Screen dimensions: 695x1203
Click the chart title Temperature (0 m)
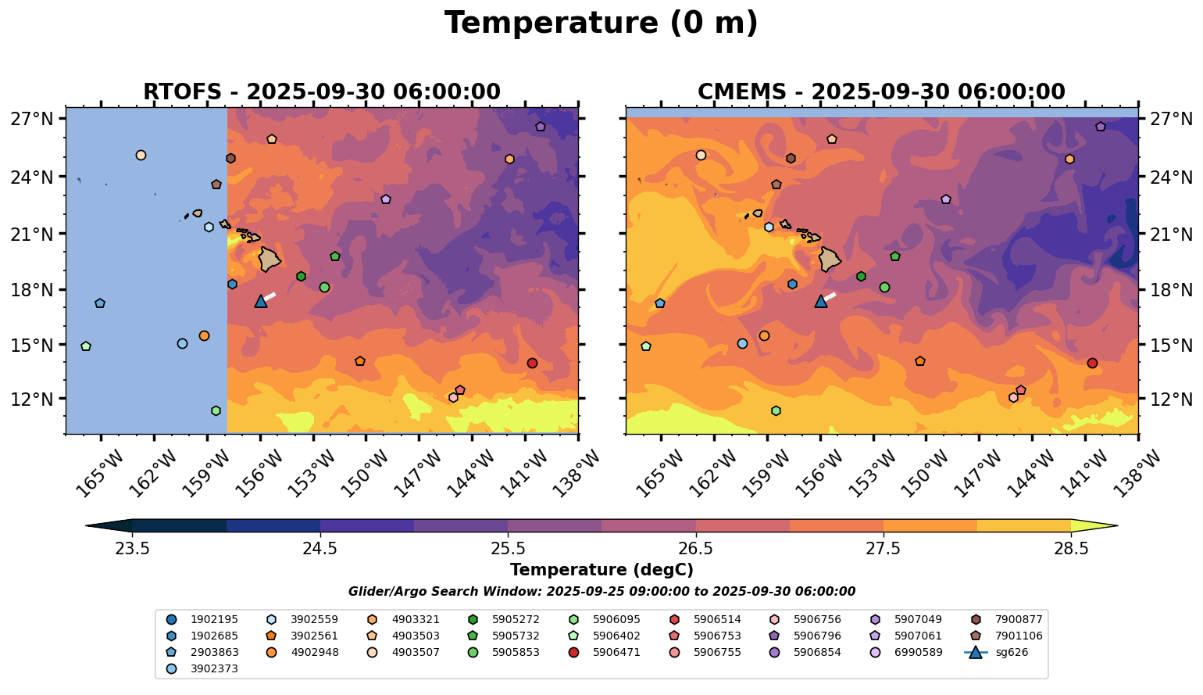(601, 23)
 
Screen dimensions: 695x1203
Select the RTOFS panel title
(321, 92)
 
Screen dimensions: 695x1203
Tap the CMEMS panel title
(881, 92)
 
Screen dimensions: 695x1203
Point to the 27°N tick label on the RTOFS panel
(32, 120)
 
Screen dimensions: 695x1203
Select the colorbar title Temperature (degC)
(601, 570)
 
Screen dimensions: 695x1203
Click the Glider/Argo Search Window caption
(601, 592)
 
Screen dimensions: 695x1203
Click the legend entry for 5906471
(616, 653)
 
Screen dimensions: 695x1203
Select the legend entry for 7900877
(1018, 620)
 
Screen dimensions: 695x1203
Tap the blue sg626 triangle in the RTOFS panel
(261, 302)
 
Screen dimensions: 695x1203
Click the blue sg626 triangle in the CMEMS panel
(820, 302)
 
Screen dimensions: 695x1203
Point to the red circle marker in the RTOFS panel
(532, 363)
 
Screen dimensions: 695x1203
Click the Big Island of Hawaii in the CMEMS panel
(830, 259)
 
